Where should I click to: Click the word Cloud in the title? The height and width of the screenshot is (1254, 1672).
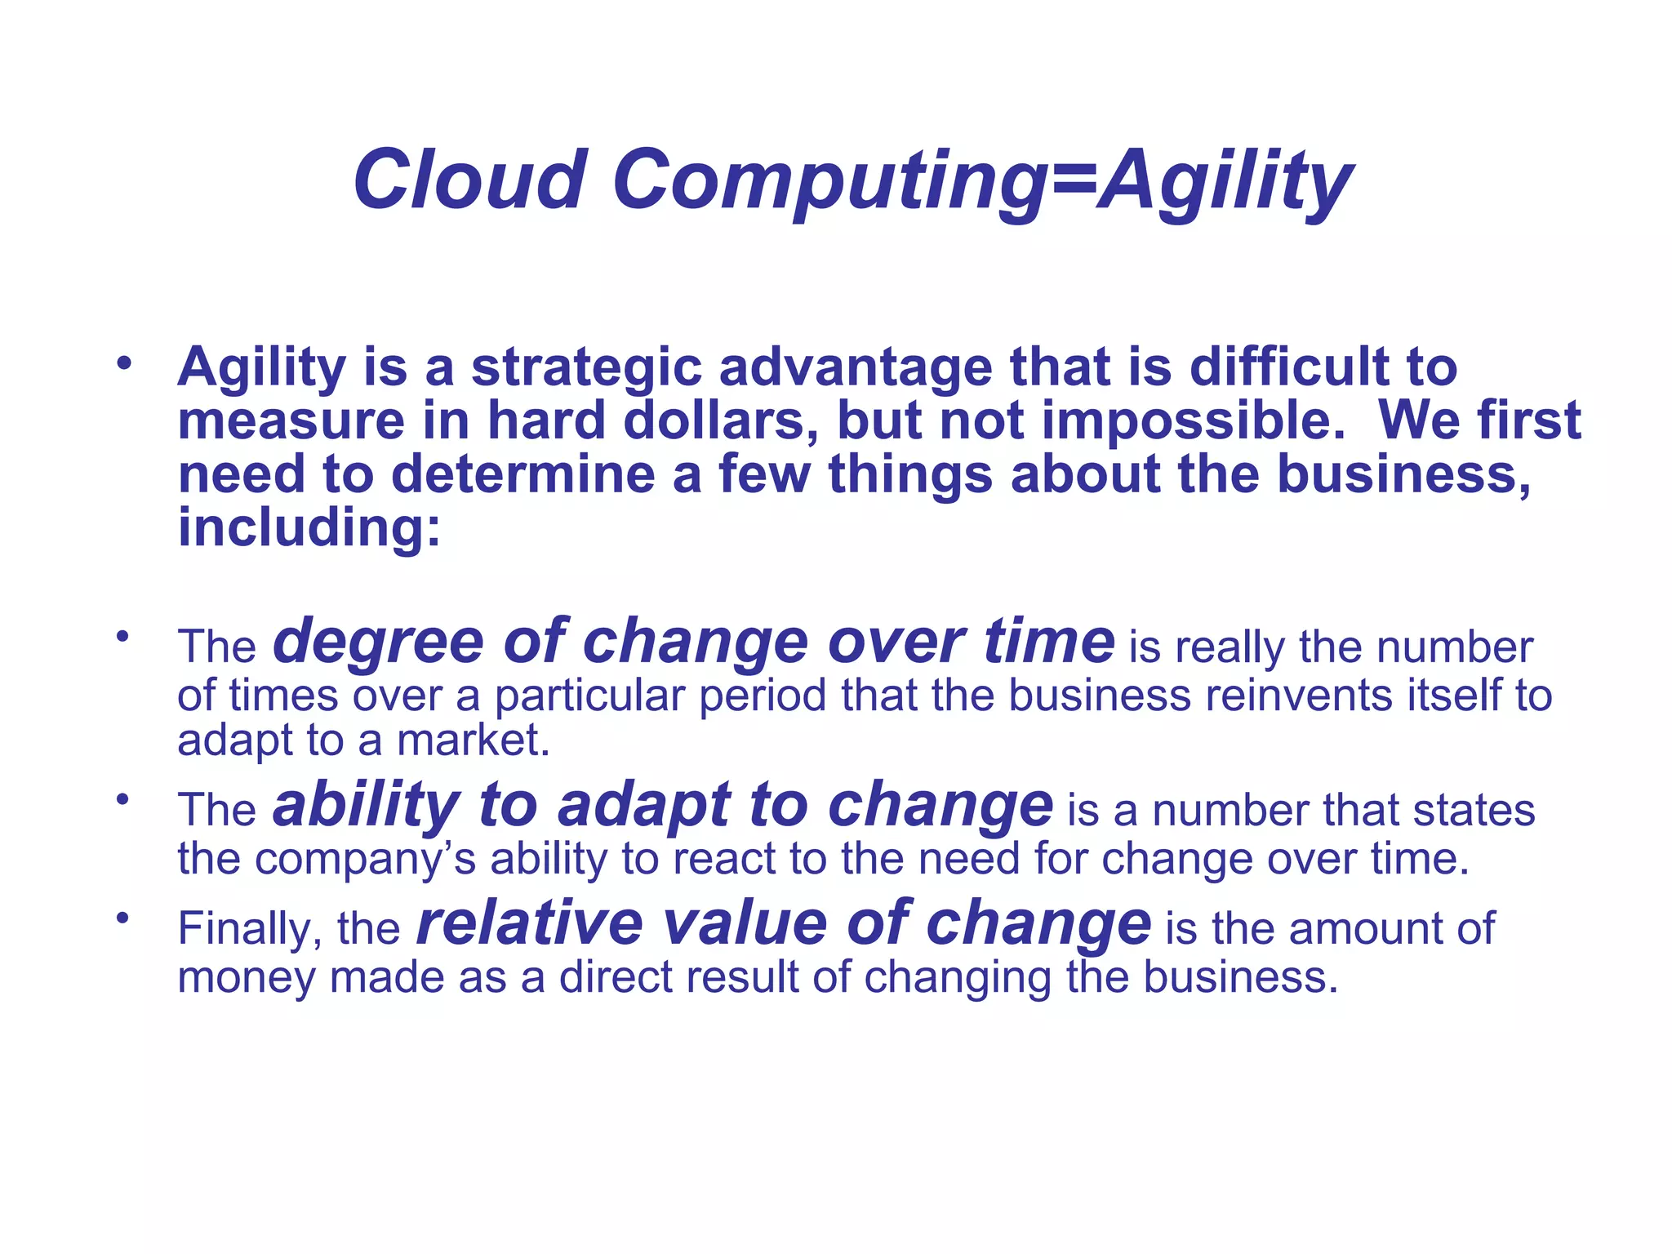pos(469,180)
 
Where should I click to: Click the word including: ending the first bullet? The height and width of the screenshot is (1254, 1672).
pos(309,528)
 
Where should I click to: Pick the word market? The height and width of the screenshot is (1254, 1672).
pos(473,740)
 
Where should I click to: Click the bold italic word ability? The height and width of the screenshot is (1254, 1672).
pos(366,805)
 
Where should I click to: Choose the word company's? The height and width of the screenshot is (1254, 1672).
pos(365,860)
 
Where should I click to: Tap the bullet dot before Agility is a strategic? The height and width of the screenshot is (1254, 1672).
pos(123,362)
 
